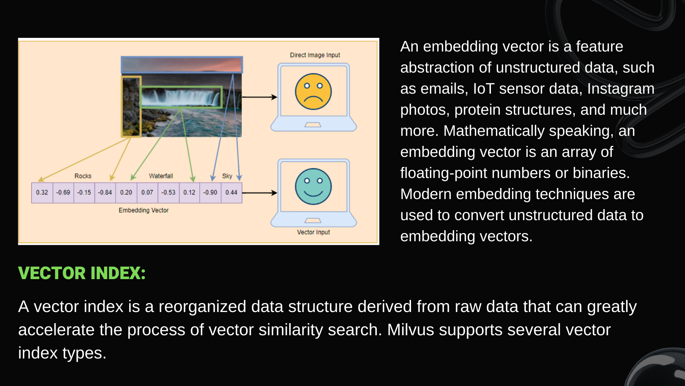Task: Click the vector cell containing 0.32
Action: coord(42,193)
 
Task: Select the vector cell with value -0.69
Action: coord(63,193)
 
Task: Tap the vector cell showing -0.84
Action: coord(105,193)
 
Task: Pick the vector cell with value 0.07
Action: coord(147,193)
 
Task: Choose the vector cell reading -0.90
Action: coord(210,193)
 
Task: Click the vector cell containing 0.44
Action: coord(231,193)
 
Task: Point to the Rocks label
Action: coord(83,176)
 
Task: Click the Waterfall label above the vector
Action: coord(161,176)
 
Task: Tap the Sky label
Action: coord(227,176)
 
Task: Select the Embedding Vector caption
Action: coord(143,210)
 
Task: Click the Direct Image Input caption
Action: coord(315,55)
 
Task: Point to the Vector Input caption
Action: coord(313,232)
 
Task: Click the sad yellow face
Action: coord(313,91)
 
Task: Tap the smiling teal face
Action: coord(313,187)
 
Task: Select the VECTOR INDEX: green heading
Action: coord(82,273)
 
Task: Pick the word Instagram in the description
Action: coord(620,89)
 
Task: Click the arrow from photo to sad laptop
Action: coord(259,97)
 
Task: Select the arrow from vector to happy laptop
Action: coord(259,193)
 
